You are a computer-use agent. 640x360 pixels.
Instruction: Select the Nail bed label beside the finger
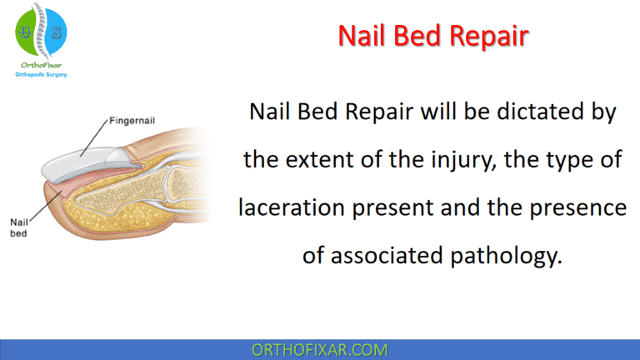click(19, 227)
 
